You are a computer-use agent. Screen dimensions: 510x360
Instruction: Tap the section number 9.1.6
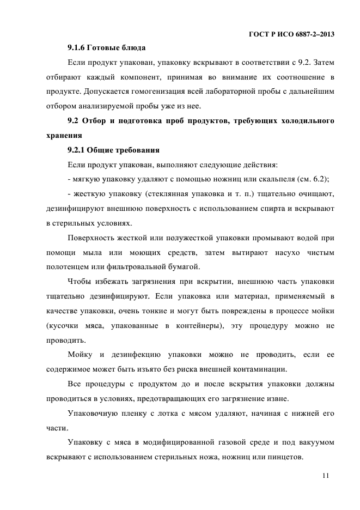(x=78, y=47)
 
